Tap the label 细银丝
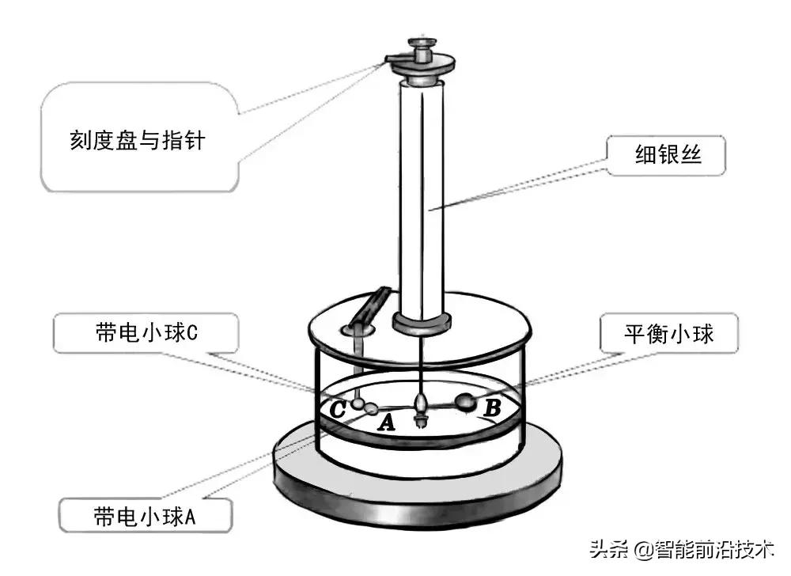tap(668, 157)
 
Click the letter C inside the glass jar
tap(338, 410)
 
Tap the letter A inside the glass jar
tap(386, 423)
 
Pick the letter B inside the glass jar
tap(492, 409)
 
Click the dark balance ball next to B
tap(467, 403)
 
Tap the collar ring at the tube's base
tap(422, 322)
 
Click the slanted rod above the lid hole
tap(373, 305)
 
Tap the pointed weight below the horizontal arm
tap(422, 415)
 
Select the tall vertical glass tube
tap(422, 198)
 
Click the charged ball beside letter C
tap(358, 404)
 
